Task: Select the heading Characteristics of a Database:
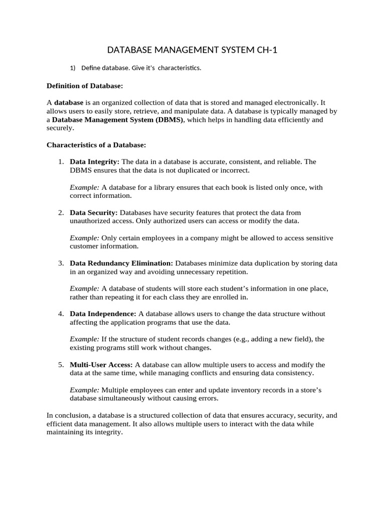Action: point(96,145)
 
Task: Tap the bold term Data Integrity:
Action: point(95,162)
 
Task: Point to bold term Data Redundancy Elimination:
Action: point(121,263)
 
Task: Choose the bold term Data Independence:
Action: point(103,314)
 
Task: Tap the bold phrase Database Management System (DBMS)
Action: point(118,120)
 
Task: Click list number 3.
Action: point(60,263)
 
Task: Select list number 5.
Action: point(60,364)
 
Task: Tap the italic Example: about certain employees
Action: point(84,238)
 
